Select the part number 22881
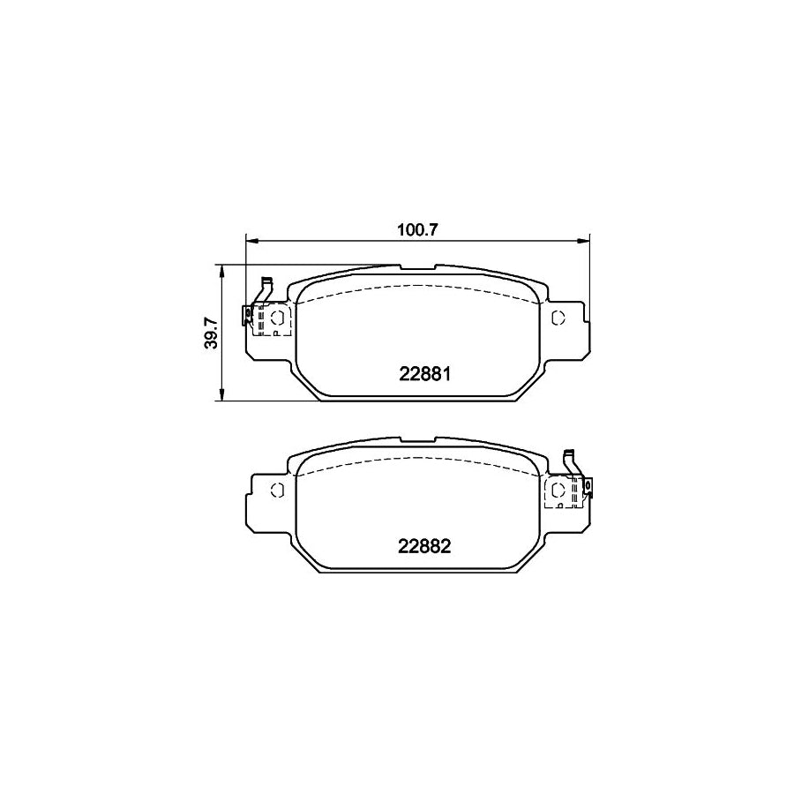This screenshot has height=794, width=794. [x=425, y=373]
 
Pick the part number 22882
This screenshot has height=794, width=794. [x=425, y=546]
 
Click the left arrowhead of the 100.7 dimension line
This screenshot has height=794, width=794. [x=250, y=239]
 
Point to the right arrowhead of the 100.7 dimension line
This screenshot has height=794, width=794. [x=582, y=239]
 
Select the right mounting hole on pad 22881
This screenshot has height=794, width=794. [x=558, y=318]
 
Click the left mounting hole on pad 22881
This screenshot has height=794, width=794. [x=276, y=318]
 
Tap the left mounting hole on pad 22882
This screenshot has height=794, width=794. [x=276, y=490]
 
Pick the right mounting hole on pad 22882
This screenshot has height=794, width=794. [x=558, y=490]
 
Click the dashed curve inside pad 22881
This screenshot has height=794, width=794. [x=417, y=287]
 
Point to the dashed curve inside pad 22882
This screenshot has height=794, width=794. [x=417, y=460]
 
